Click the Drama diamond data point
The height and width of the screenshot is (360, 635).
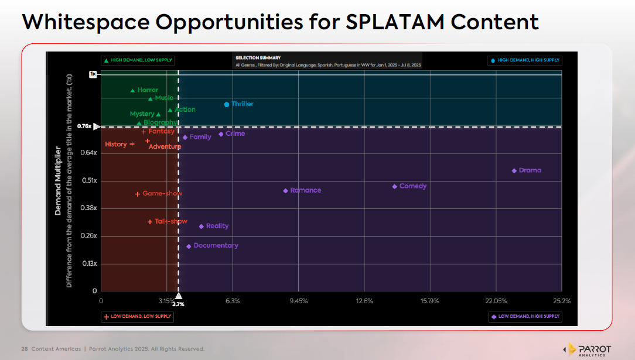pos(514,171)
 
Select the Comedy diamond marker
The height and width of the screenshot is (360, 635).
pos(395,187)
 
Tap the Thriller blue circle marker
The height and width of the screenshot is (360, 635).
pos(227,104)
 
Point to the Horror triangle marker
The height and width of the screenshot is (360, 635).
pos(133,91)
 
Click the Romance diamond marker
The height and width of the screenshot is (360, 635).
pos(285,191)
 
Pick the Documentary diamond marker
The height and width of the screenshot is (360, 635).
pos(189,246)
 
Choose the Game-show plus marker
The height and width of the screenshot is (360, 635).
pos(138,194)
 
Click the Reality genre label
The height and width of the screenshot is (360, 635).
pos(217,226)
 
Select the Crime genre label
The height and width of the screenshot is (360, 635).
pos(235,133)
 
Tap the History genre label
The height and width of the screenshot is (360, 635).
pos(116,144)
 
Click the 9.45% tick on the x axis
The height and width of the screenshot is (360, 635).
pos(298,301)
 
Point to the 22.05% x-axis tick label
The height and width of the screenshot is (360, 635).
pos(496,301)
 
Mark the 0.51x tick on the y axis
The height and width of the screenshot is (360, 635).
pos(90,180)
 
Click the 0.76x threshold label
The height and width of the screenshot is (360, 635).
pos(84,126)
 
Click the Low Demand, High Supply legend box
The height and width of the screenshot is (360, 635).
pos(525,317)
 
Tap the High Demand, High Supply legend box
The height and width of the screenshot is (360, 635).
pos(525,60)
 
